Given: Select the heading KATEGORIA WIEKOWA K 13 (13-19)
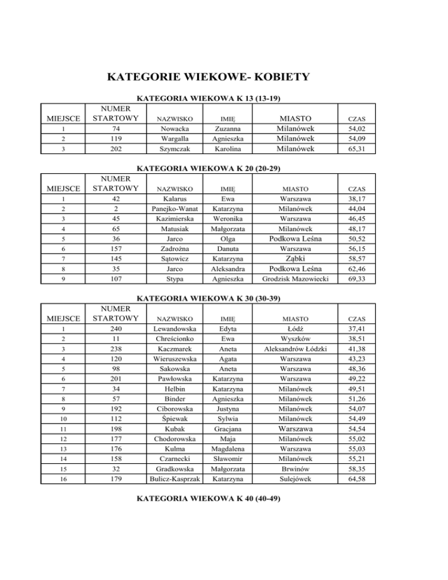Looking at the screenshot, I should point(216,99).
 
